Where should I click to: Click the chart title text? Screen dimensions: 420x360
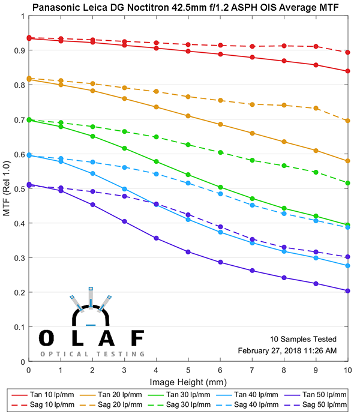[188, 7]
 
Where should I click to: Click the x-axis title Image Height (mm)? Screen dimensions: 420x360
[188, 382]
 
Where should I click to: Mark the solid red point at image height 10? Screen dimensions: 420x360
[348, 71]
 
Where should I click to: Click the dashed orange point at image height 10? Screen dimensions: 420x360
[348, 121]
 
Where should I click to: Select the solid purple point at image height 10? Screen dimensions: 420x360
[348, 291]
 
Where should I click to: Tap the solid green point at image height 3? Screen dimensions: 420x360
[124, 148]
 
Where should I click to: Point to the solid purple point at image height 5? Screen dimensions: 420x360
[188, 252]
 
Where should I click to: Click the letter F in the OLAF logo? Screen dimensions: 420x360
[138, 338]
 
